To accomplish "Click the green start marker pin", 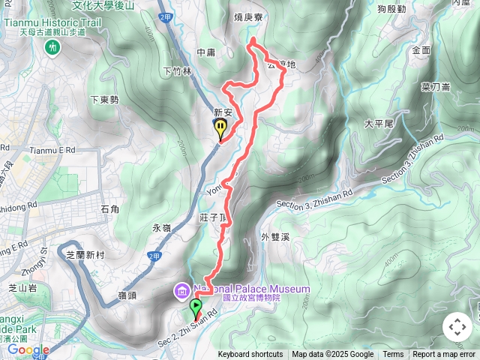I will tap(196, 306).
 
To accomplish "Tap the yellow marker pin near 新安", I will tap(220, 129).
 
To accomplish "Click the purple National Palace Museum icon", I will tap(181, 289).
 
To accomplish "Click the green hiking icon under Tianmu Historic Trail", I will tap(52, 47).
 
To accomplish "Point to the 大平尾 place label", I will tap(379, 123).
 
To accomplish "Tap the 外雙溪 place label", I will tap(275, 237).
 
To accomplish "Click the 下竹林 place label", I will tap(177, 71).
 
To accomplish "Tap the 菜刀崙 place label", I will tap(435, 86).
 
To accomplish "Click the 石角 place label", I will tap(109, 208).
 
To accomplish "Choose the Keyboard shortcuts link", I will tap(250, 355).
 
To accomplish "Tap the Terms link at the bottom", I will tap(393, 355).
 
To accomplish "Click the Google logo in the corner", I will tap(28, 349).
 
